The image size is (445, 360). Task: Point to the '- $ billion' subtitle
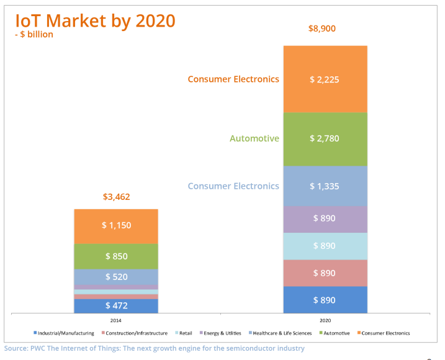tap(34, 35)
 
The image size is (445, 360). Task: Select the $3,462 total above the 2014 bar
tap(116, 197)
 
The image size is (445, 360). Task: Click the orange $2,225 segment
tap(325, 79)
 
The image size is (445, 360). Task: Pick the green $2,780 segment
tap(325, 138)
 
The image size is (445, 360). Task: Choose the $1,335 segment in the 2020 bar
tap(325, 186)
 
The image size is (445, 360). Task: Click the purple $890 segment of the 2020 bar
tap(325, 218)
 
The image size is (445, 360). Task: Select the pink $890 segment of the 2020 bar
tap(325, 273)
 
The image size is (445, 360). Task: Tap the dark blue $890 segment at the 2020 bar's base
tap(325, 300)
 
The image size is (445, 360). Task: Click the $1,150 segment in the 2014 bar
tap(116, 225)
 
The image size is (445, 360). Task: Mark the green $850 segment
tap(116, 256)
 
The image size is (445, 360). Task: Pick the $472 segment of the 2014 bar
tap(116, 305)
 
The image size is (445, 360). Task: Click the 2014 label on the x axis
tap(116, 321)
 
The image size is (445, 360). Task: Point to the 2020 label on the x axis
tap(325, 321)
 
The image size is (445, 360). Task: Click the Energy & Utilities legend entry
tap(222, 333)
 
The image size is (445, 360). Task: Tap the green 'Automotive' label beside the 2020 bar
tap(254, 138)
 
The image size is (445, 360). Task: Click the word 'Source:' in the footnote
tap(17, 348)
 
